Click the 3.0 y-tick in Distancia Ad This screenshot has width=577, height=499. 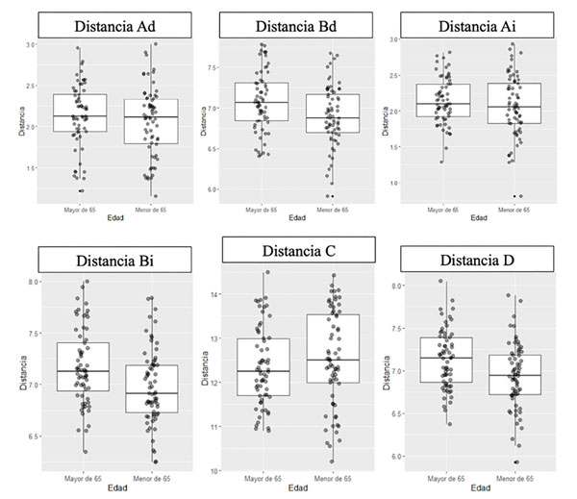(x=30, y=45)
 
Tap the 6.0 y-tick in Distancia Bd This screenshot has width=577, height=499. (x=211, y=189)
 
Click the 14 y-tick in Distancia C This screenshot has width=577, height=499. (x=214, y=294)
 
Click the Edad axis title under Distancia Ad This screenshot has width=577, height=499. (x=114, y=217)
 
